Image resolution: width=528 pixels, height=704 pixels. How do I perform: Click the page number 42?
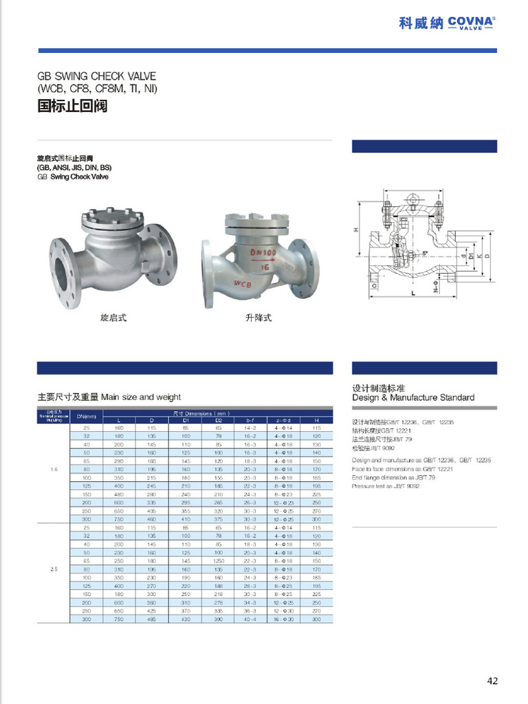pyautogui.click(x=492, y=681)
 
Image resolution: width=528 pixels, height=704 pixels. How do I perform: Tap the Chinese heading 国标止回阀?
pyautogui.click(x=71, y=107)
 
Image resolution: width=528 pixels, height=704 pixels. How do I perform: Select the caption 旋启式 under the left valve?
pyautogui.click(x=113, y=318)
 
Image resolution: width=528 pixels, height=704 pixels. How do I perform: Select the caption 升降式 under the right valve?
pyautogui.click(x=258, y=318)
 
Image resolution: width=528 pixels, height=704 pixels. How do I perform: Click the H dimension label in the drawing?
pyautogui.click(x=356, y=230)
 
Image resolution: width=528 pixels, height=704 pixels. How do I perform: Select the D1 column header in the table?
pyautogui.click(x=186, y=419)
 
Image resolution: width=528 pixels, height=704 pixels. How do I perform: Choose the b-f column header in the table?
pyautogui.click(x=250, y=419)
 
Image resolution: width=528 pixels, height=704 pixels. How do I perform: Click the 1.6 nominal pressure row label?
pyautogui.click(x=54, y=470)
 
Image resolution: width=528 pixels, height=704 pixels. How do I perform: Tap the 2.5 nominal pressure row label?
pyautogui.click(x=54, y=569)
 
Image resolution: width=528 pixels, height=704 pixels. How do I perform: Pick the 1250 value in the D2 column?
pyautogui.click(x=218, y=560)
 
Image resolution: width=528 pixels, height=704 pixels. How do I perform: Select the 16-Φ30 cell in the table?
pyautogui.click(x=284, y=619)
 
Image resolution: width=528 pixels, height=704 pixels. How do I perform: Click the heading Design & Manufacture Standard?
pyautogui.click(x=413, y=397)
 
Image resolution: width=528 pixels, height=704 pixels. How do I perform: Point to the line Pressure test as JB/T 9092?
pyautogui.click(x=386, y=485)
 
